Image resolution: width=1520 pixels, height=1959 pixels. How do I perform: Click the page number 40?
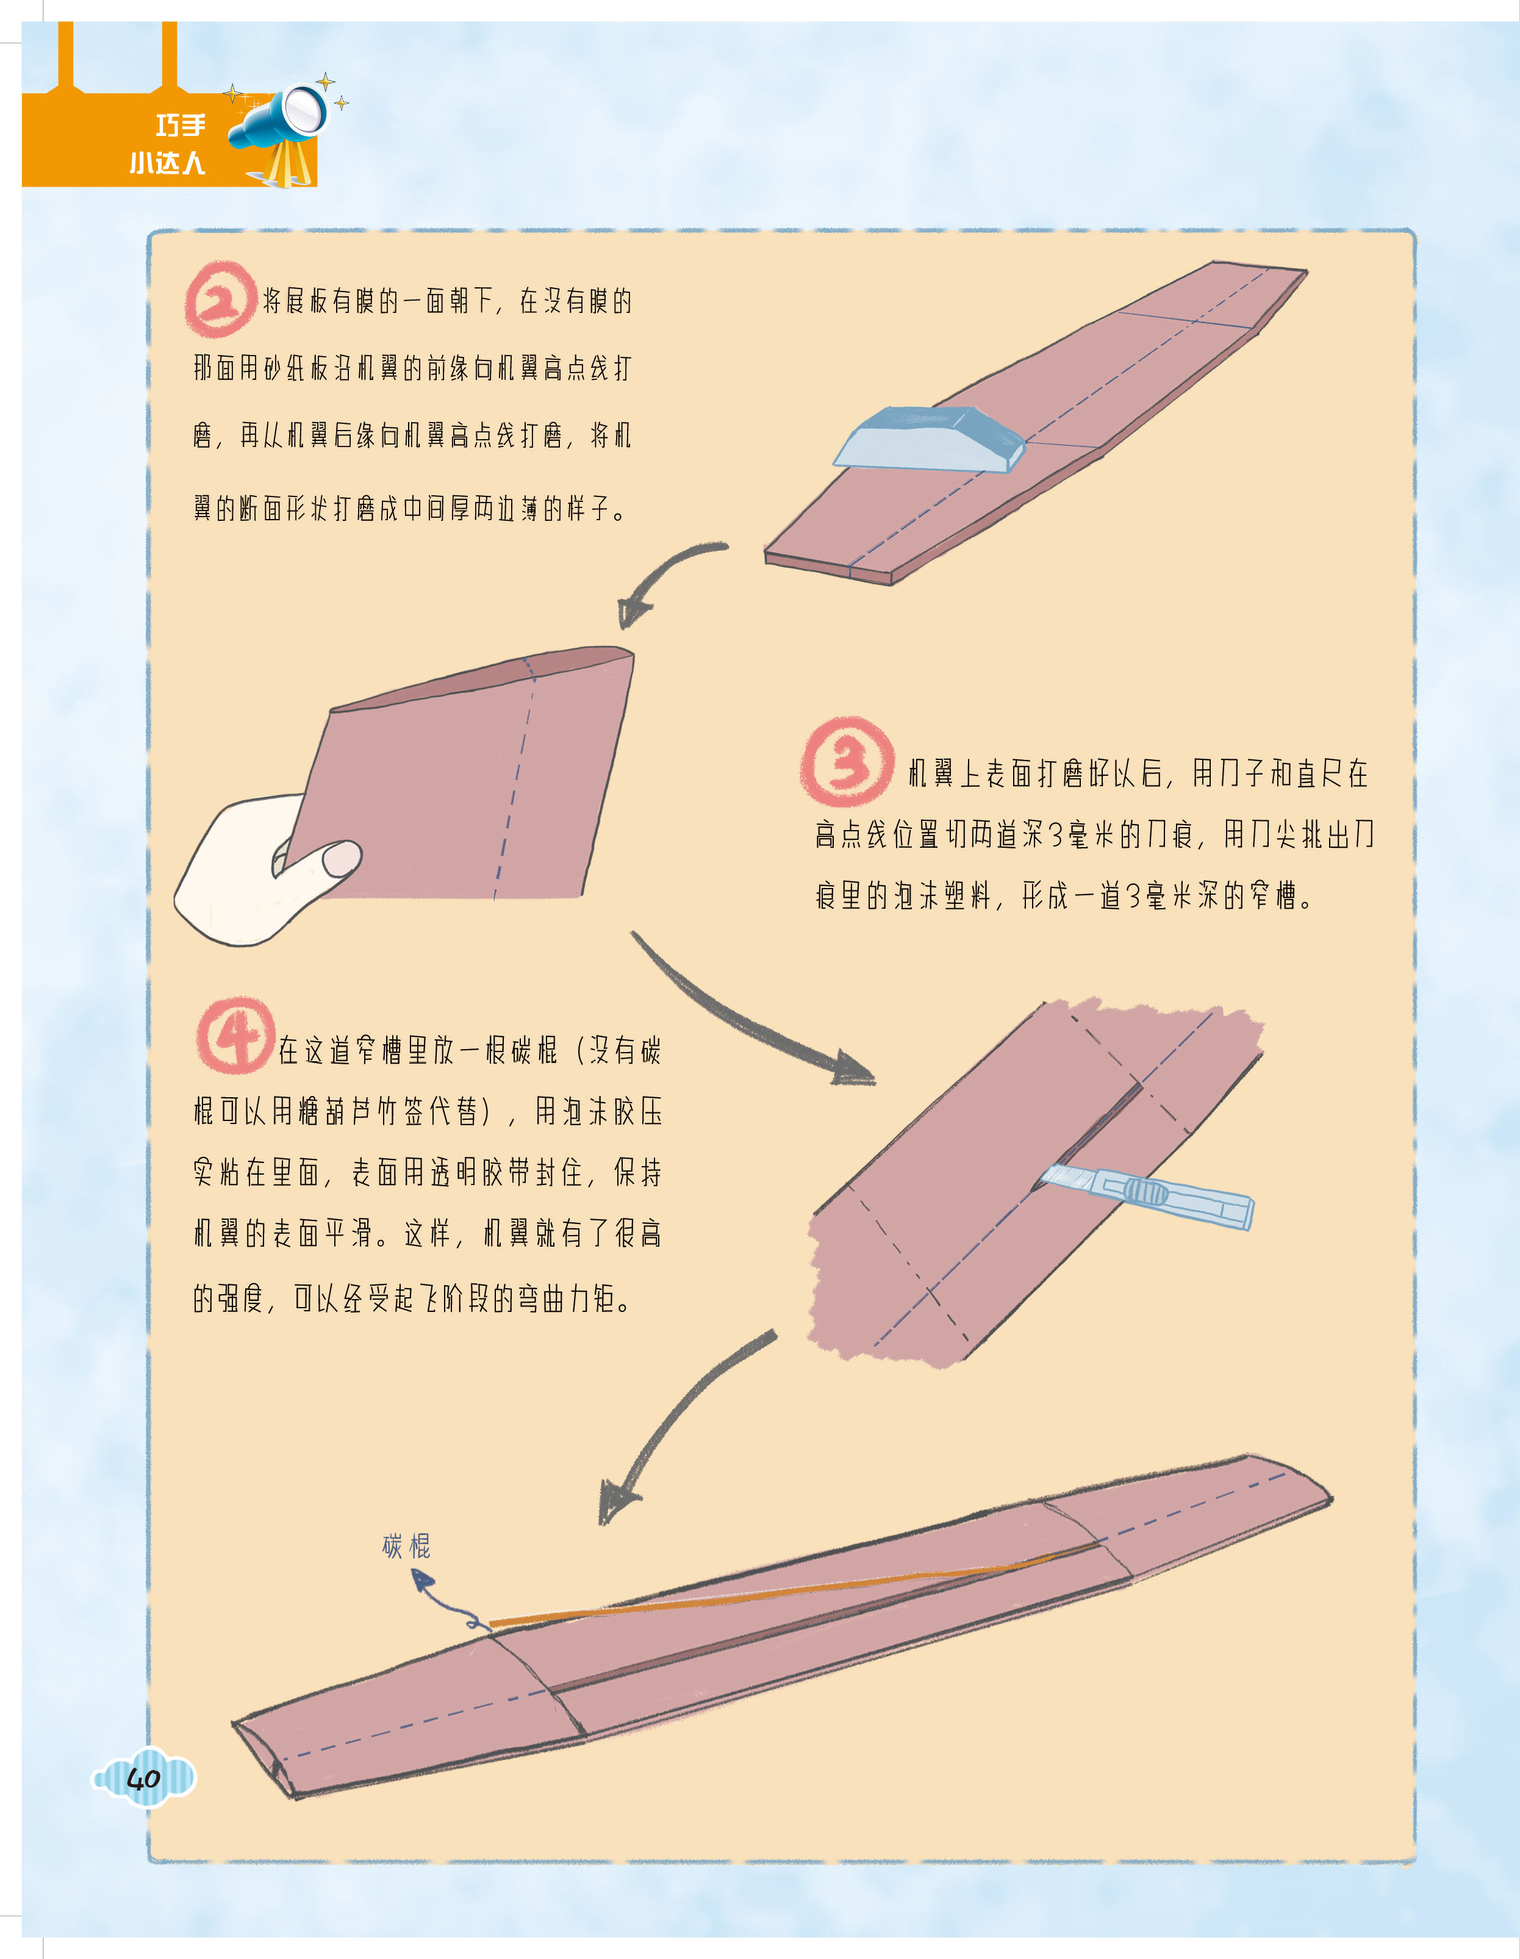pyautogui.click(x=143, y=1778)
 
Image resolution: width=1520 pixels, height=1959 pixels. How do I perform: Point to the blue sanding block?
pyautogui.click(x=929, y=439)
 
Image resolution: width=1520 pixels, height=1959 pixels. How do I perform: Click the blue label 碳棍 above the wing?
pyautogui.click(x=406, y=1545)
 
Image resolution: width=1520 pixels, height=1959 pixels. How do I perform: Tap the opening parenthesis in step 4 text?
pyautogui.click(x=583, y=1050)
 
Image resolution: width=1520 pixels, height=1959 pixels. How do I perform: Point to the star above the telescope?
pyautogui.click(x=326, y=82)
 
